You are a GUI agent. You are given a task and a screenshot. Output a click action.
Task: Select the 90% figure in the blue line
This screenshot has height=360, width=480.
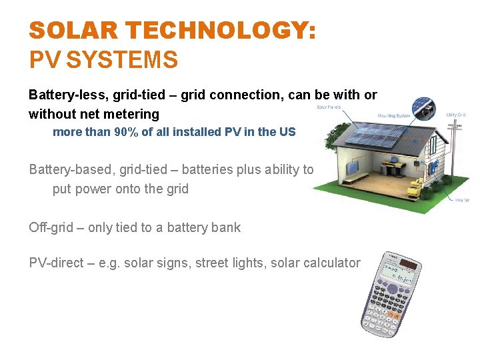point(125,132)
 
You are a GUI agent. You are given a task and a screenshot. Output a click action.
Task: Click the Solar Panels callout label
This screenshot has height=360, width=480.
point(329,107)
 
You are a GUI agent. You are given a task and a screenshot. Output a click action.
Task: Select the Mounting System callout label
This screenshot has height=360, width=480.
point(393,115)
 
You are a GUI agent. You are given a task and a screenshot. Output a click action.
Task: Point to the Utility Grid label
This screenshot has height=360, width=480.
point(455,115)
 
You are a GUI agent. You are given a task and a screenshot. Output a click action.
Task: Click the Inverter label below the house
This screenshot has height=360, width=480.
point(462,199)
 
